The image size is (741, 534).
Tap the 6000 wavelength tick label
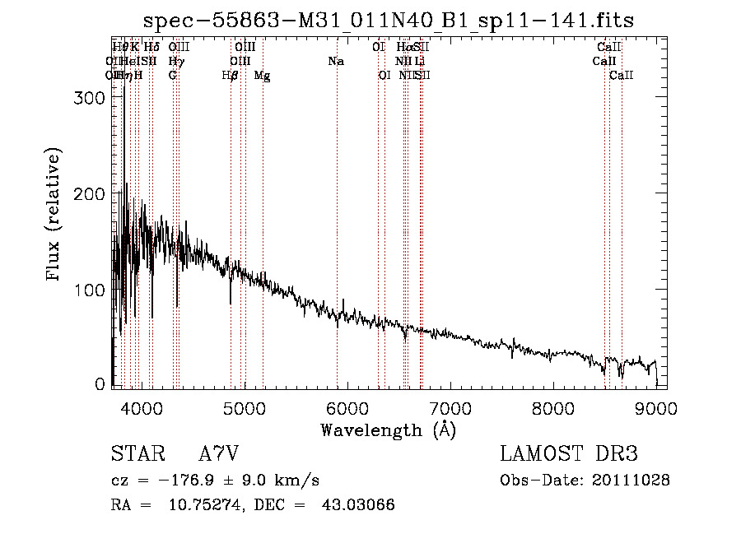347,408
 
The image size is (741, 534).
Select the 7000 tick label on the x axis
450,408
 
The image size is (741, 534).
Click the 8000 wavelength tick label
552,408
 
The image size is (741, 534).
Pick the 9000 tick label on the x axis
656,408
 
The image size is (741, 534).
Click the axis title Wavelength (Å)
388,430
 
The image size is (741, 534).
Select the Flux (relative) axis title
55,216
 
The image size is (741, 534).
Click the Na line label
336,62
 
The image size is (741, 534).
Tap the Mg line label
262,76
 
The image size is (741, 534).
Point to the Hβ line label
230,76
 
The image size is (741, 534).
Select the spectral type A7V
217,453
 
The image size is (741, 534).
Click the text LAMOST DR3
569,453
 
